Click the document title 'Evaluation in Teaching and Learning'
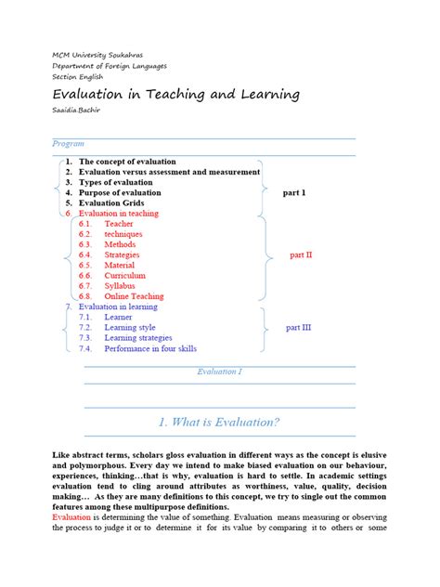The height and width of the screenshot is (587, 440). [175, 95]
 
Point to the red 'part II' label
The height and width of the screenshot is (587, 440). [301, 254]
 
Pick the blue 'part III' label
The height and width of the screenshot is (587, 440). [298, 328]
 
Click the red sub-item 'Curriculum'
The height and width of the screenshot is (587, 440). [125, 275]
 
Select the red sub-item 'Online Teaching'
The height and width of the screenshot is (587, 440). [134, 296]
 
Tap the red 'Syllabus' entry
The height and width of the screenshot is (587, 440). [122, 286]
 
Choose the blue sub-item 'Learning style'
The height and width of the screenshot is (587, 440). [130, 328]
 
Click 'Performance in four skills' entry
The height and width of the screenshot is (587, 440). [150, 348]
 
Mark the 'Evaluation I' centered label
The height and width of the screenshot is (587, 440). [219, 372]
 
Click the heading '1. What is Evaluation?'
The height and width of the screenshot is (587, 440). [219, 422]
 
